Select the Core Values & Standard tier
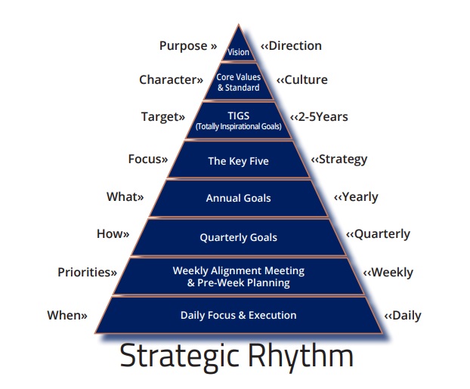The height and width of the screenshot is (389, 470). [239, 82]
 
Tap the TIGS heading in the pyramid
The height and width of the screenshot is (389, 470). [239, 116]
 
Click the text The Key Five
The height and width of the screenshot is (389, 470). [239, 161]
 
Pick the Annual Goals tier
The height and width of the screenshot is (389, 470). [239, 198]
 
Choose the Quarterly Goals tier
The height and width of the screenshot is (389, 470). [239, 237]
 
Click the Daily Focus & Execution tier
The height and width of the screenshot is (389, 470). [239, 315]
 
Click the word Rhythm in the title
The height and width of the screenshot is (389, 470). [301, 356]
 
